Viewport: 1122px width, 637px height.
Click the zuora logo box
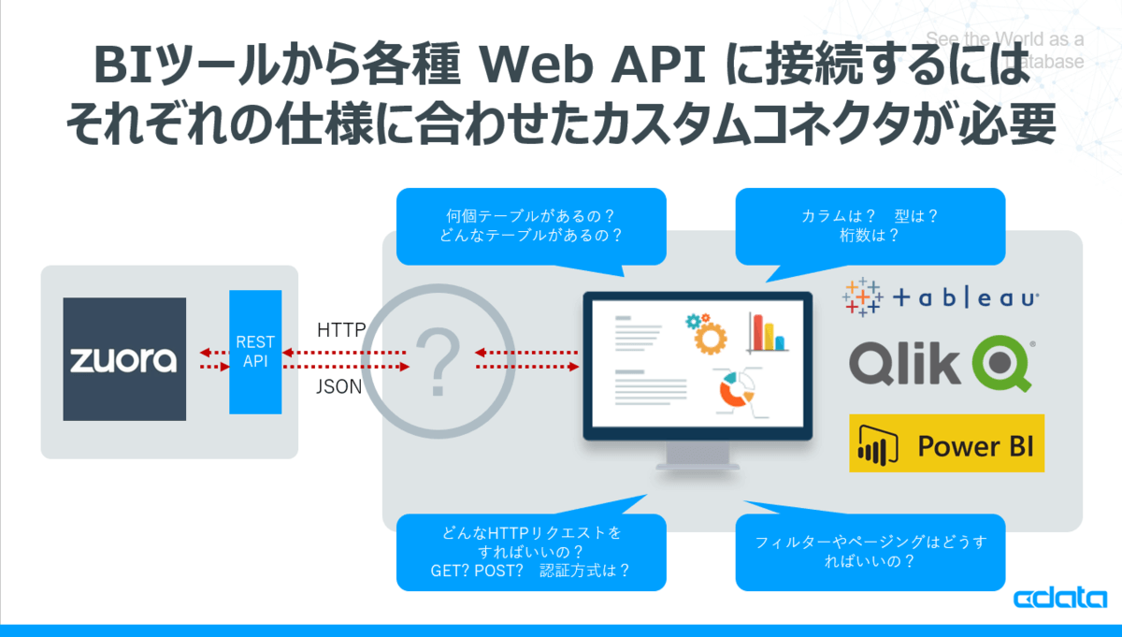click(x=124, y=359)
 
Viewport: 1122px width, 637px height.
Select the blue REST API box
click(x=255, y=352)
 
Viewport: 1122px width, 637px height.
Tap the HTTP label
click(x=341, y=330)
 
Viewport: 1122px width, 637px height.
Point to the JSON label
click(x=339, y=385)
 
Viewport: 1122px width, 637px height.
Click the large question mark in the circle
click(x=437, y=360)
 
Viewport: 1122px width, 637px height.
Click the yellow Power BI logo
click(x=946, y=443)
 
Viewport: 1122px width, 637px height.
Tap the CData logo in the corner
click(x=1060, y=599)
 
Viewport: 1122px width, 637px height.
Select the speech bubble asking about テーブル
click(x=531, y=225)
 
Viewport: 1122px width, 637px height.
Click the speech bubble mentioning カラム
click(x=870, y=225)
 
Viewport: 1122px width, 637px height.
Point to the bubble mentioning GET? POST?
click(x=531, y=552)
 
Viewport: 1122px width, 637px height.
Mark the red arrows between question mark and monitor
click(x=528, y=360)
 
